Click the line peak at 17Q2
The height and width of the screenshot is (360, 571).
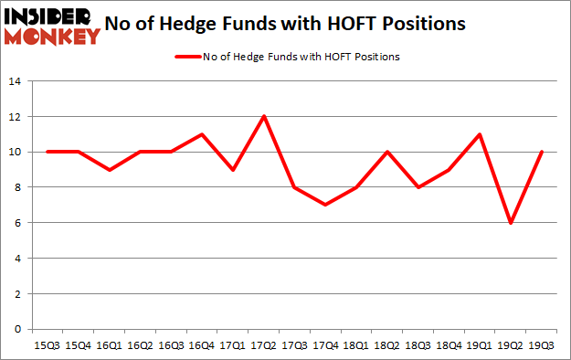coord(265,116)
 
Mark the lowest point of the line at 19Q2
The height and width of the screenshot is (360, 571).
coord(510,223)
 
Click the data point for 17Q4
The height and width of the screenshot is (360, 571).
coord(326,205)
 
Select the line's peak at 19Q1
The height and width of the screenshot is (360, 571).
coord(480,134)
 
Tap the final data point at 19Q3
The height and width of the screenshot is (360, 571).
coord(541,152)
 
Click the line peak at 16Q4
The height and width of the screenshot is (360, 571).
coord(204,134)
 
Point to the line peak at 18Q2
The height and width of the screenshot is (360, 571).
coord(387,152)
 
